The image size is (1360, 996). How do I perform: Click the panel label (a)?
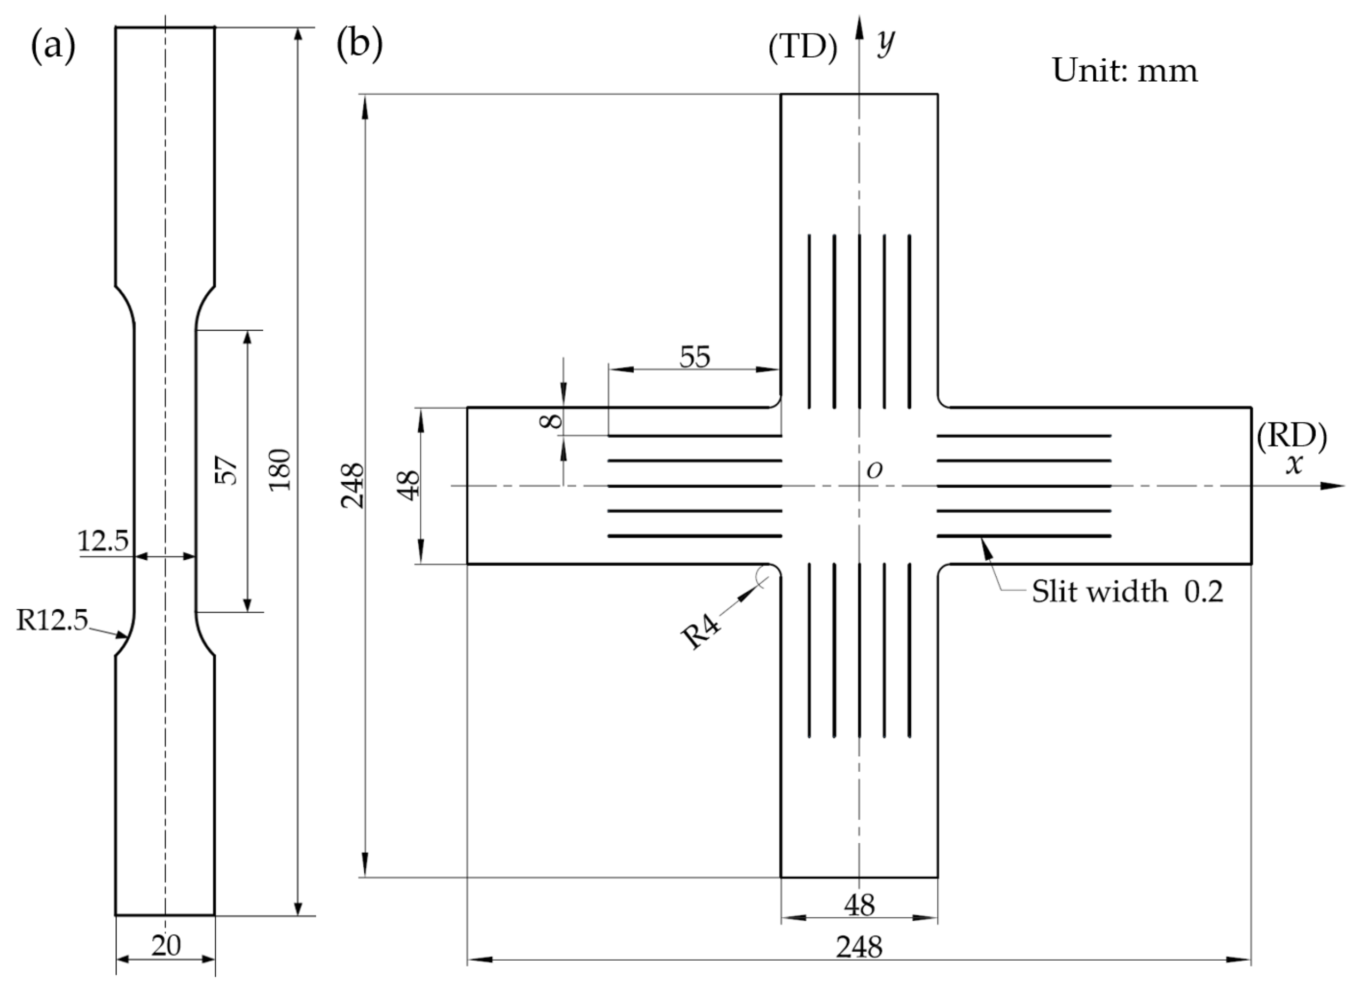pyautogui.click(x=53, y=46)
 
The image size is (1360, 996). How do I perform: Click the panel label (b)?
pyautogui.click(x=359, y=44)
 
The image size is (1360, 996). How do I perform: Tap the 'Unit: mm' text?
pyautogui.click(x=1124, y=70)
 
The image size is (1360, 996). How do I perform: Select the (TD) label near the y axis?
pyautogui.click(x=803, y=47)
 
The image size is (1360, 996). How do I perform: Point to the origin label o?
pyautogui.click(x=874, y=470)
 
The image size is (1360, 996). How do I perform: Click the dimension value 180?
pyautogui.click(x=280, y=470)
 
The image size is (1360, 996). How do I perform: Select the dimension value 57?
pyautogui.click(x=227, y=471)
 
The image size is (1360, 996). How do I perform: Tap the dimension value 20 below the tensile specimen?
pyautogui.click(x=166, y=945)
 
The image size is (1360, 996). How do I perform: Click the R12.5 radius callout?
pyautogui.click(x=52, y=620)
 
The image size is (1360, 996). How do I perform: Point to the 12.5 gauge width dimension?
pyautogui.click(x=103, y=541)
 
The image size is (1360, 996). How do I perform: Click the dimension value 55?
pyautogui.click(x=695, y=357)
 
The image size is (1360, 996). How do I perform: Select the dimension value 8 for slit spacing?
pyautogui.click(x=551, y=420)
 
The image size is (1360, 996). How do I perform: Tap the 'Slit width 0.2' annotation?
pyautogui.click(x=1127, y=591)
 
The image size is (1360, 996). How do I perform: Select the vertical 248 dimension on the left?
pyautogui.click(x=353, y=486)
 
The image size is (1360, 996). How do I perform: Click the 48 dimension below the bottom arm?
pyautogui.click(x=859, y=904)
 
